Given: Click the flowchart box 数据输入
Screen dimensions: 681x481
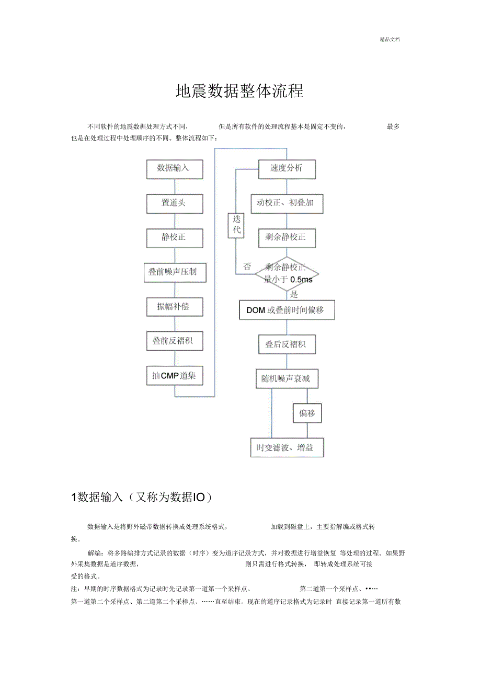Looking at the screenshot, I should pos(175,169).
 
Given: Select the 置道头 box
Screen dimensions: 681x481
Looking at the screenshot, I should pos(175,203).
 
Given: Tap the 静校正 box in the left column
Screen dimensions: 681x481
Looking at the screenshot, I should pos(175,238).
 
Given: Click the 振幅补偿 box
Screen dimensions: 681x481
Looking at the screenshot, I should pos(175,307).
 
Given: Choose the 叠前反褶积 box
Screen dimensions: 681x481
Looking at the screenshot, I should pos(175,342).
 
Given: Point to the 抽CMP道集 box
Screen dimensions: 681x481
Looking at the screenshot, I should pos(175,376).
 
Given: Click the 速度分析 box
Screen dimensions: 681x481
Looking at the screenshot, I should pos(287,169).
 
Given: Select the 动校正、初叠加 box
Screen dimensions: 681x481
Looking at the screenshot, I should pos(287,203).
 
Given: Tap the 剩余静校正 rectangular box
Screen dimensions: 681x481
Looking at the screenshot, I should pos(287,238).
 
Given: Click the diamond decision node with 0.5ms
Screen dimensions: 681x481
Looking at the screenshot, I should pos(287,273).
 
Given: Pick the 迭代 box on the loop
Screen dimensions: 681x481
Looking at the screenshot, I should pos(236,225).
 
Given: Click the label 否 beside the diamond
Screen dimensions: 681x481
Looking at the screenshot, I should pos(247,267).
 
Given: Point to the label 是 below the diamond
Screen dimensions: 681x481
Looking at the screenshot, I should pos(294,295).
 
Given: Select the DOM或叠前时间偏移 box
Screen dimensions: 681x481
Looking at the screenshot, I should pos(287,310).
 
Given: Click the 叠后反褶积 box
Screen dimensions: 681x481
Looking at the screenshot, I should pos(287,345).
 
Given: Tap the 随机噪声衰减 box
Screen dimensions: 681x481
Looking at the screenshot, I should pos(287,379).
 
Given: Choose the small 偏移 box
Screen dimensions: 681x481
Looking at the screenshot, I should pos(307,413).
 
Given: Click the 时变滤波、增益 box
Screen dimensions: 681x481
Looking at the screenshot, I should pos(287,448).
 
